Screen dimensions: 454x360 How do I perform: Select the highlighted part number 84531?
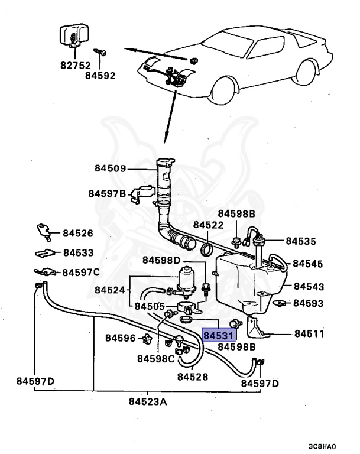click(219, 335)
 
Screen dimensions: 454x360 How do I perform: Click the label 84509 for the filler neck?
click(110, 168)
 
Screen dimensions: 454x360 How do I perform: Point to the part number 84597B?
click(108, 193)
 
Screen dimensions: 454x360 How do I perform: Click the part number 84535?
click(301, 241)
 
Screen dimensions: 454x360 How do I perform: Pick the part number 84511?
click(309, 333)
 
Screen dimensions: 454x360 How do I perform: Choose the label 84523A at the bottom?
click(148, 402)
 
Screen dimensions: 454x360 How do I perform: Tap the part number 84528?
click(193, 375)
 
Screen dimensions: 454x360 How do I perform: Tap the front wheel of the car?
click(226, 96)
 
